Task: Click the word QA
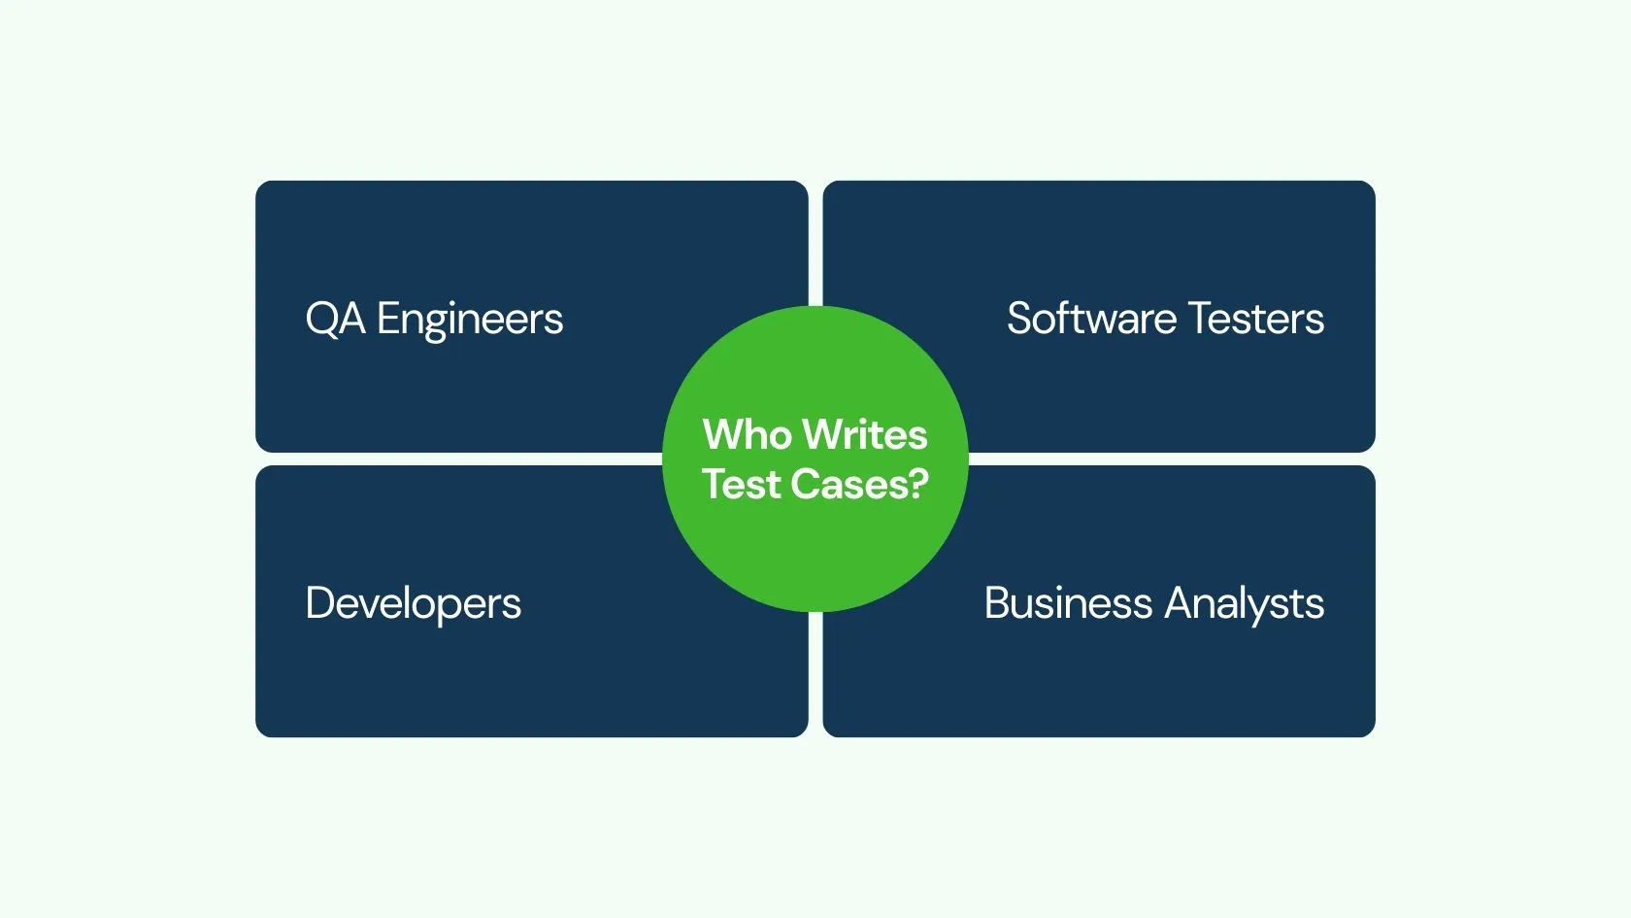[x=335, y=319]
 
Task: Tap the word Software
[x=1091, y=319]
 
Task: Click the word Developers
[x=414, y=604]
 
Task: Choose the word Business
[x=1068, y=603]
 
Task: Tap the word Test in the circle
[x=741, y=485]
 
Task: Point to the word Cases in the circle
[x=852, y=485]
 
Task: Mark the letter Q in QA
[x=320, y=319]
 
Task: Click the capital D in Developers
[x=319, y=603]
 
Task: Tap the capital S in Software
[x=1019, y=319]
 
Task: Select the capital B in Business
[x=997, y=603]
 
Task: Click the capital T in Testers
[x=1199, y=319]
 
